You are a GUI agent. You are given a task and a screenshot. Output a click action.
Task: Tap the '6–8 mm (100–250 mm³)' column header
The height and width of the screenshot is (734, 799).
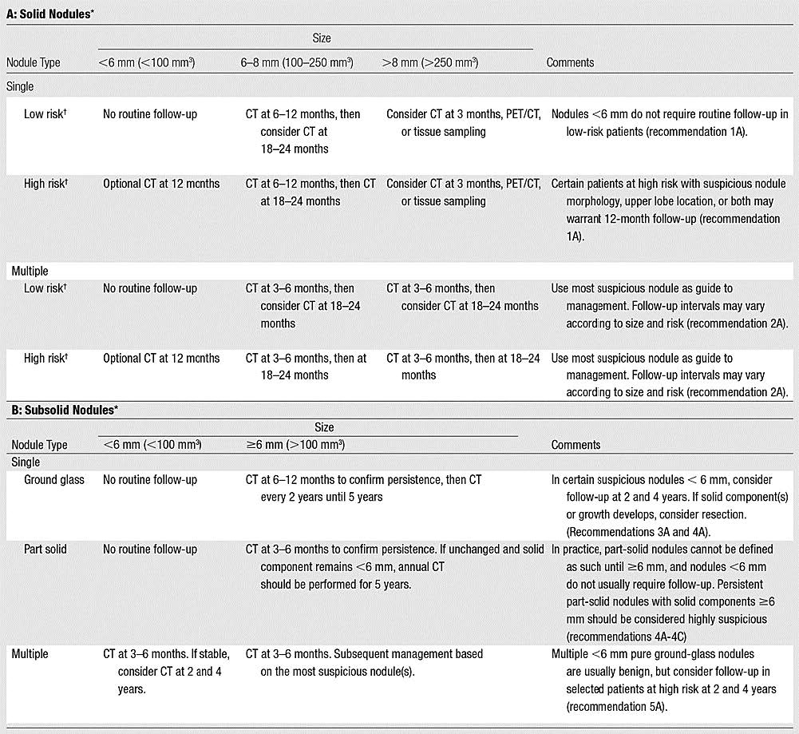coord(297,62)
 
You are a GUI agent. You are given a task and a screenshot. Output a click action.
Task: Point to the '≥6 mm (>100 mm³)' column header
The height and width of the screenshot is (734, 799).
coord(295,445)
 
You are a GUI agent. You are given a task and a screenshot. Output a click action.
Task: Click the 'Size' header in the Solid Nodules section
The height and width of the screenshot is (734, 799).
coord(321,38)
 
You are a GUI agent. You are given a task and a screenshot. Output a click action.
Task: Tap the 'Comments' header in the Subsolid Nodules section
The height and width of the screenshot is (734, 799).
coord(576,445)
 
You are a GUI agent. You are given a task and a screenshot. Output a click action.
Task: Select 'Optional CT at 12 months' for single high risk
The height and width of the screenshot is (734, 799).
coord(160,184)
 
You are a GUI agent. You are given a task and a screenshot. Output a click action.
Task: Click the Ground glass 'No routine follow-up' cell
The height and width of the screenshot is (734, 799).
coord(150,480)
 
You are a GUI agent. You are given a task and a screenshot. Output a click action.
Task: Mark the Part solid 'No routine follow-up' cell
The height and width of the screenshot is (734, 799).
coord(150,550)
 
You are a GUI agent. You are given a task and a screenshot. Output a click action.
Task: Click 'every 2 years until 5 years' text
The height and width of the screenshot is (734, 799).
coord(321,498)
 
